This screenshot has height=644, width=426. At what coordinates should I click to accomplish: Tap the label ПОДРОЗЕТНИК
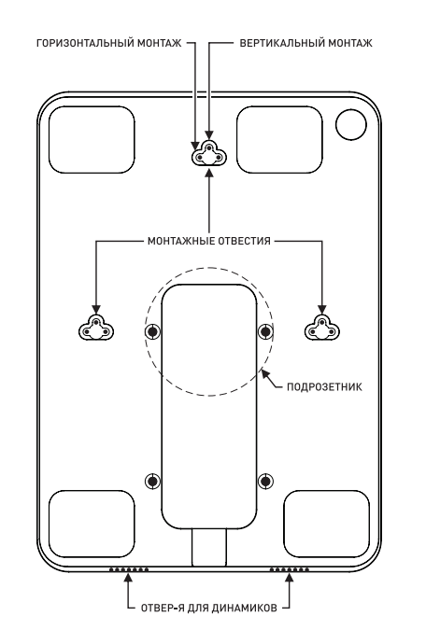point(324,387)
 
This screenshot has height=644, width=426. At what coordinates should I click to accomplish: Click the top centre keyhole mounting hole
point(209,155)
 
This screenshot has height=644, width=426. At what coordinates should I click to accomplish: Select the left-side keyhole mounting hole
point(96,329)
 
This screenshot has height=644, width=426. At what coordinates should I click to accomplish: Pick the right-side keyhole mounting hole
point(322,329)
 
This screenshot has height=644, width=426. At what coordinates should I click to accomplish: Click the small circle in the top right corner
point(350,125)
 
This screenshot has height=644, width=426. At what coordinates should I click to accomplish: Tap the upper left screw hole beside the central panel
point(153,331)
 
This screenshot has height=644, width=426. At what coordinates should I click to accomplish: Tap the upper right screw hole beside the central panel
point(265,331)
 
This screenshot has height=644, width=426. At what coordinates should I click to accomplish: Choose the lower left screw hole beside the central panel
point(153,481)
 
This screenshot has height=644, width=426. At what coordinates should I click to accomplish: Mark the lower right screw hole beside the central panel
point(265,481)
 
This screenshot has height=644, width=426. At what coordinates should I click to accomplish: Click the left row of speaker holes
point(129,569)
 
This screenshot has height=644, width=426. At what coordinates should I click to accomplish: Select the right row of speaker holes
point(289,569)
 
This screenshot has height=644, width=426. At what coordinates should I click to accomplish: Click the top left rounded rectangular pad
point(92,140)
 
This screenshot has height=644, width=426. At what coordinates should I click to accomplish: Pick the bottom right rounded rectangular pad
point(327,524)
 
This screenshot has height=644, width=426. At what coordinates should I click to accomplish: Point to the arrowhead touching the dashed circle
point(265,374)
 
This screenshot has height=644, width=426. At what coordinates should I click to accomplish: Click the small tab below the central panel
point(209,548)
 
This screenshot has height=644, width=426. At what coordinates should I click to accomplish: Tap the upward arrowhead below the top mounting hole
point(209,173)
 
